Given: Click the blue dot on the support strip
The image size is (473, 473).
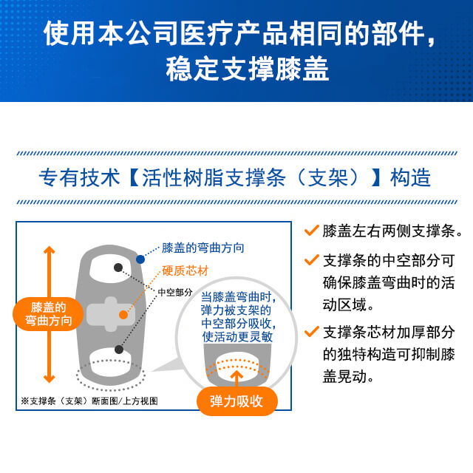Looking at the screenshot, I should pos(140,259).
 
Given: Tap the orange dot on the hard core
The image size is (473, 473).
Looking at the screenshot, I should pos(123,315).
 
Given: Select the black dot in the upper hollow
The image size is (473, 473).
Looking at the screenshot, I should pos(117,267).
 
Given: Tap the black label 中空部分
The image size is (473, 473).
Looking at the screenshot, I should pos(175,292).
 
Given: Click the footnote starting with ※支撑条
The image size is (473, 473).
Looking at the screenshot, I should pos(89,401).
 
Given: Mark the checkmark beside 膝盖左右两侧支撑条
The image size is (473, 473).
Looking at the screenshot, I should pos(311,231).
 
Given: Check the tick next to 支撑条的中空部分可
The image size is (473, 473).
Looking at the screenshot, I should pos(311,260).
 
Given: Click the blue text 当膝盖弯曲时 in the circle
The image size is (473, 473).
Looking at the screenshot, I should pos(237,298).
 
